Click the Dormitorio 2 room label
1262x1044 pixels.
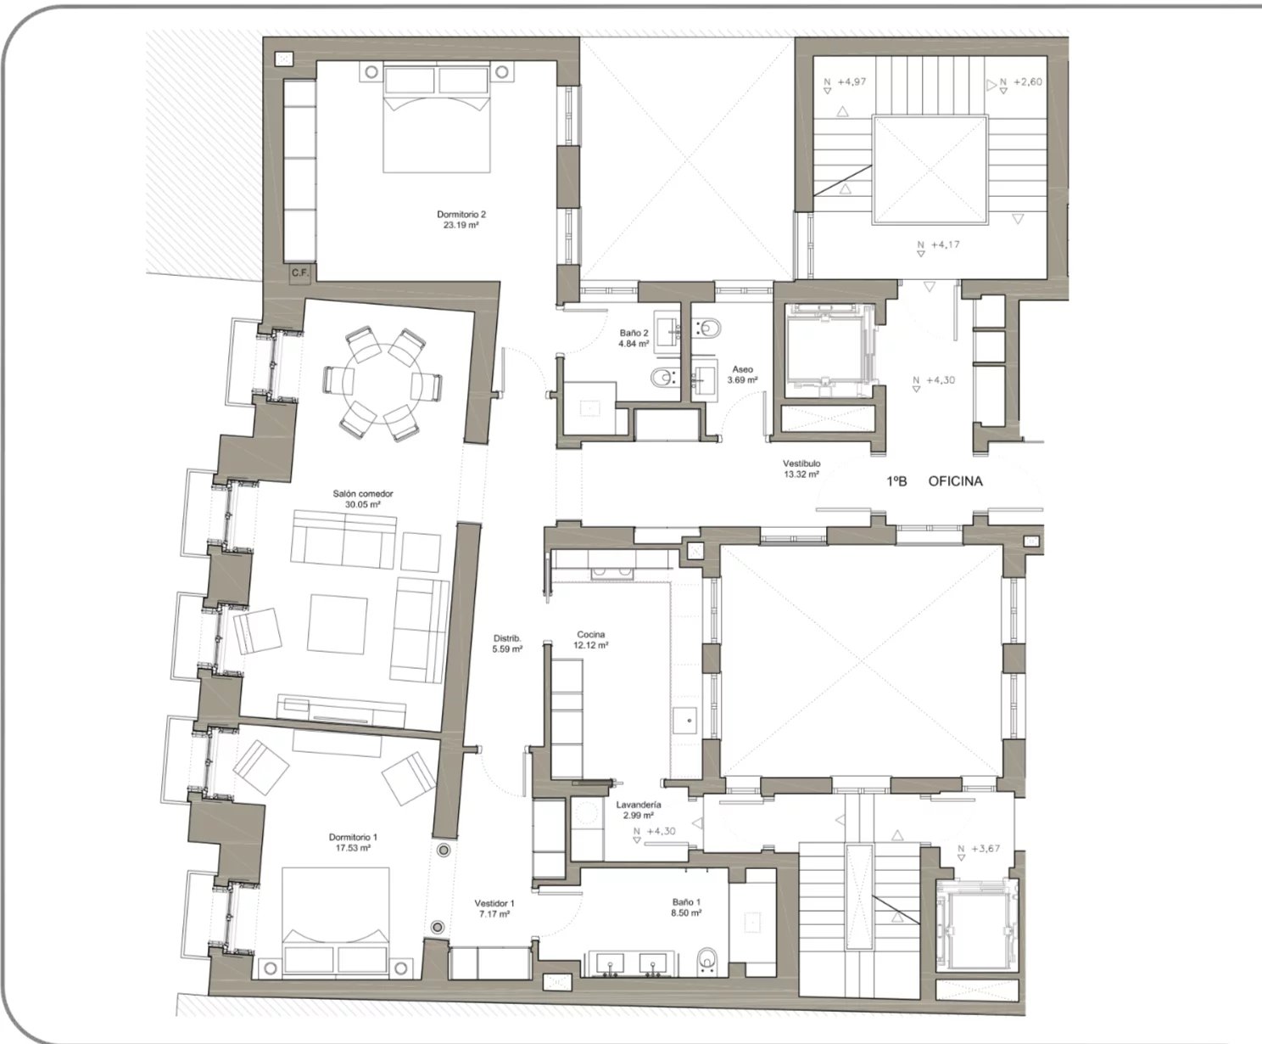pos(461,220)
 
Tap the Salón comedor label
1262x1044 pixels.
pos(363,499)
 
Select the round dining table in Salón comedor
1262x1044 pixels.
pos(382,383)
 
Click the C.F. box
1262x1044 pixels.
pos(299,272)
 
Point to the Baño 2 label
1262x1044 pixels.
pos(634,338)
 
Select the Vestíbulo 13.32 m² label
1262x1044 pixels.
pos(801,469)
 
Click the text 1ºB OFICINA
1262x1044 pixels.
pos(935,481)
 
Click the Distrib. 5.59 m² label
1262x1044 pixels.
pos(507,643)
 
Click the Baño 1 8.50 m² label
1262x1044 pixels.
pos(686,907)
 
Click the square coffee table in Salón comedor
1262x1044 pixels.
pos(338,624)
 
